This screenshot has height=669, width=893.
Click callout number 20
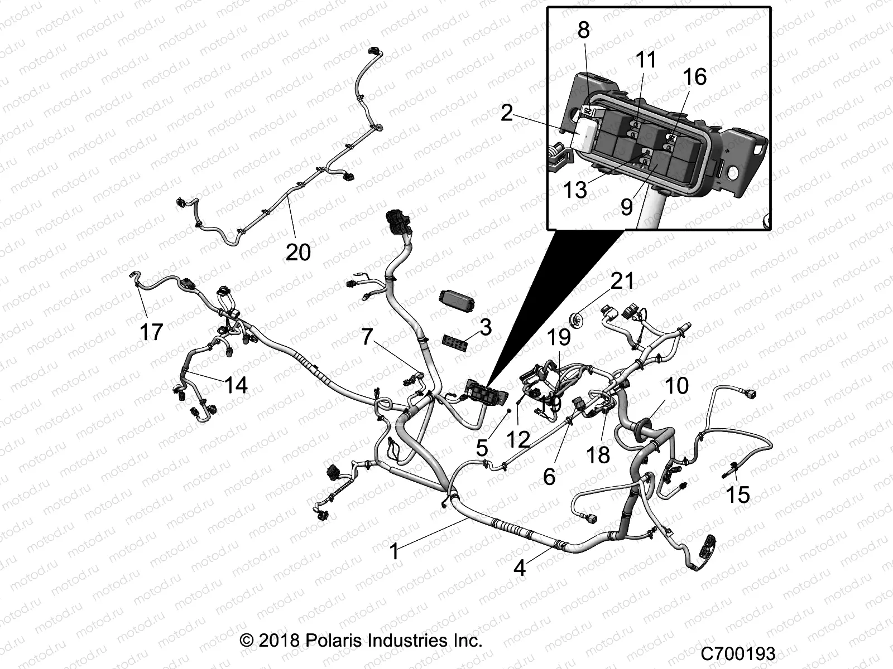[x=298, y=252]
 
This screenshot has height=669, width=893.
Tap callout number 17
[x=151, y=332]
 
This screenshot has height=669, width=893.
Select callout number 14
[x=236, y=385]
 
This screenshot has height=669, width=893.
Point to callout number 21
[x=622, y=281]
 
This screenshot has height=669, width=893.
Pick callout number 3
[x=486, y=328]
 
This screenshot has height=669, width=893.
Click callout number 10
[x=677, y=386]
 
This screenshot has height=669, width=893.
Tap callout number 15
[x=738, y=494]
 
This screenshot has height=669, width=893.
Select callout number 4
[x=520, y=568]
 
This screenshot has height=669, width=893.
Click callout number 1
[x=394, y=551]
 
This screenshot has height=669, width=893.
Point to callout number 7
[x=367, y=337]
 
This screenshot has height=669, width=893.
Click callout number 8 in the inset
[x=583, y=30]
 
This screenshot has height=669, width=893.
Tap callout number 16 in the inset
[x=695, y=76]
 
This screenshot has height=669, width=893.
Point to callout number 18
[x=598, y=454]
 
